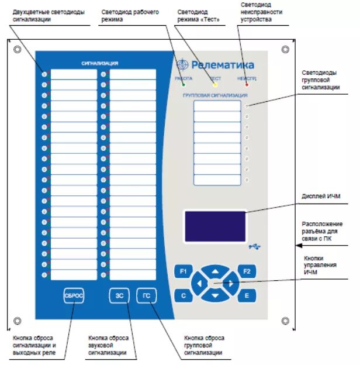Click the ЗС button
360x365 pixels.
coord(119,296)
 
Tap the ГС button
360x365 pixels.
coord(147,296)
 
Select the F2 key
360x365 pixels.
coord(247,271)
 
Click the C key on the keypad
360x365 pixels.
coord(184,296)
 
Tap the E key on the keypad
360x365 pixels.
coord(247,296)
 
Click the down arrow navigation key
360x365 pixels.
coord(215,296)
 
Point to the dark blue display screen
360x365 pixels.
coord(214,225)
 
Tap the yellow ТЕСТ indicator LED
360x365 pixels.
coord(215,85)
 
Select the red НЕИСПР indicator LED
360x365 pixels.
coord(247,85)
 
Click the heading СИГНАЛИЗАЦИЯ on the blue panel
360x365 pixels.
coord(101,63)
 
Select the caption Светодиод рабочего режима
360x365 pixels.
coord(130,15)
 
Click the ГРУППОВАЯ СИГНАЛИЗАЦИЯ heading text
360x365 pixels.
coord(215,95)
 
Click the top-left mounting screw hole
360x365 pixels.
coord(18,49)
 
